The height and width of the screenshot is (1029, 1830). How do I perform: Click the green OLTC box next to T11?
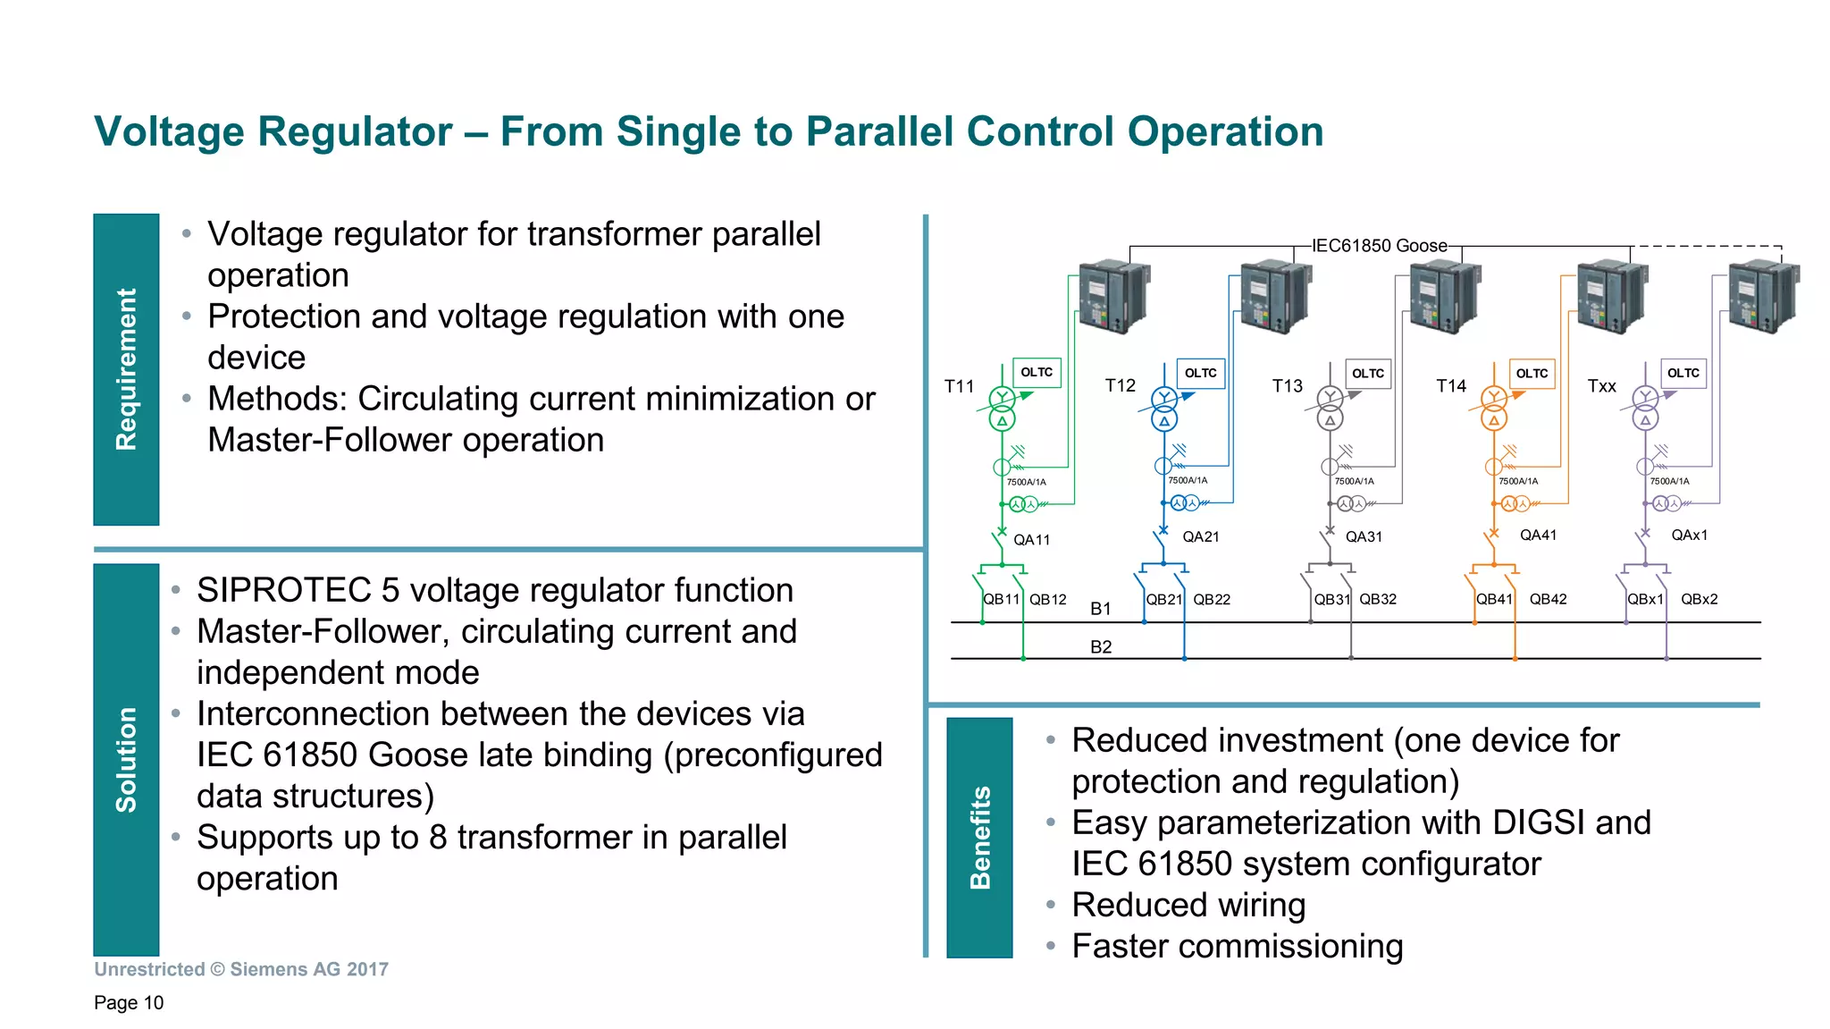click(1037, 372)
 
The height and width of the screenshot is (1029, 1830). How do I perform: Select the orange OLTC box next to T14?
click(1532, 373)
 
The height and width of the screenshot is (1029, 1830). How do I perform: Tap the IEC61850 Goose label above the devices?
click(1379, 246)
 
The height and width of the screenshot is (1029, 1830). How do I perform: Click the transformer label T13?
click(1288, 386)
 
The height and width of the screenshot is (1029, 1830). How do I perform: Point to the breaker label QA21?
click(1200, 536)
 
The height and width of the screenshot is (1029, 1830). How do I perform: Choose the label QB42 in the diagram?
click(1548, 599)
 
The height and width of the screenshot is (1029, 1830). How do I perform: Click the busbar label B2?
click(1101, 646)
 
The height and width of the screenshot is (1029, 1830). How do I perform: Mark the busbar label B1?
click(1101, 609)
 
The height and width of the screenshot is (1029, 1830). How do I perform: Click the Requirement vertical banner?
click(126, 369)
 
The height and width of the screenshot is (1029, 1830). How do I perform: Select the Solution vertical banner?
click(126, 759)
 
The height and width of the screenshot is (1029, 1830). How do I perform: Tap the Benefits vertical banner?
click(979, 837)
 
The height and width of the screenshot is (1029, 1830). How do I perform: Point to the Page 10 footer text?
click(129, 1002)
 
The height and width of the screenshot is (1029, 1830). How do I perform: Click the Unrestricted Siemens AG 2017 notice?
click(241, 969)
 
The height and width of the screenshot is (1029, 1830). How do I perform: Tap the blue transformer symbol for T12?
click(1164, 409)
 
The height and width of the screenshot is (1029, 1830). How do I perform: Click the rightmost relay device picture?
click(1762, 297)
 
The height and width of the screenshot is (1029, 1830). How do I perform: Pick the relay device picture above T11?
click(1113, 297)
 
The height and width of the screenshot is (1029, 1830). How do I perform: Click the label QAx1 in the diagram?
click(1689, 535)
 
